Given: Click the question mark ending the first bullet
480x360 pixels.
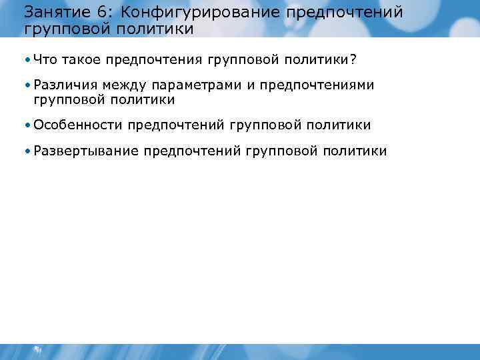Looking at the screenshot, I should coord(353,61).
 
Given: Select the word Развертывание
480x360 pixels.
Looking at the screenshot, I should coord(86,151).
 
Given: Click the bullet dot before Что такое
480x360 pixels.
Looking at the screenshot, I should coord(27,61).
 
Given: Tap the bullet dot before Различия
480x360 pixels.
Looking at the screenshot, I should coord(27,86).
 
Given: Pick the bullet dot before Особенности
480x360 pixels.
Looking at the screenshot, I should coord(27,125).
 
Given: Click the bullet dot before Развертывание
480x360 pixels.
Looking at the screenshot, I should coord(27,151).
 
